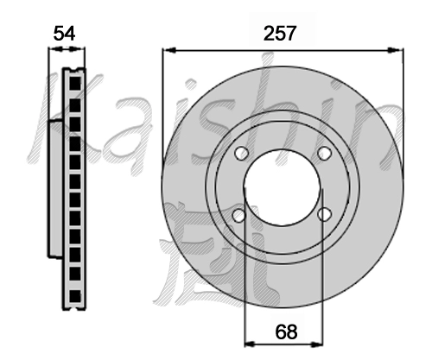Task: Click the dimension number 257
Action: [280, 33]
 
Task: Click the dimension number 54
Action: [64, 34]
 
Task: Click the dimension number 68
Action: [286, 332]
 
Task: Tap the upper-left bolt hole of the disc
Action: [241, 154]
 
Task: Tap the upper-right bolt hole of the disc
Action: [324, 153]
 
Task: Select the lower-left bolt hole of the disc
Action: [238, 215]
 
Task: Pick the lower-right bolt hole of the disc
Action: [324, 214]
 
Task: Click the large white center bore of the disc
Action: [283, 186]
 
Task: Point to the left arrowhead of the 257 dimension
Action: [169, 50]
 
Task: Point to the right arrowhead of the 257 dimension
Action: [396, 50]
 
